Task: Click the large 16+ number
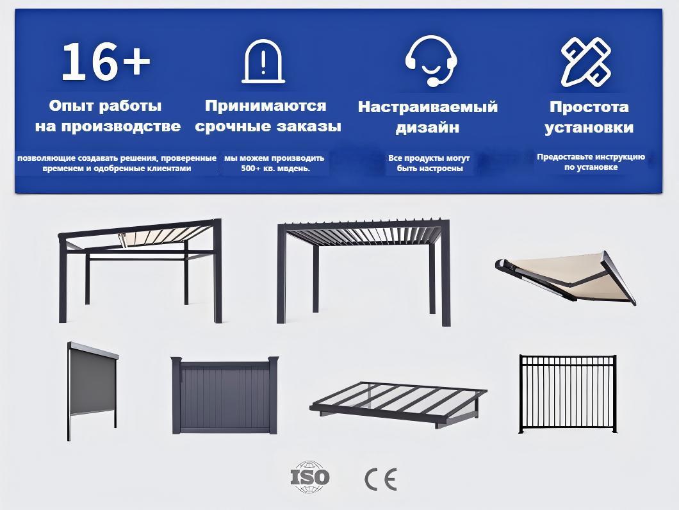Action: tap(106, 62)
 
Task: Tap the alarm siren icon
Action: tap(263, 62)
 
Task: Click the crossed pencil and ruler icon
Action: tap(586, 62)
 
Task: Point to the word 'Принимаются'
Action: tap(265, 106)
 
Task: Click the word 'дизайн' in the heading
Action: tap(427, 128)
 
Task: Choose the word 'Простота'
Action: tap(589, 107)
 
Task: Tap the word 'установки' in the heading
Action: tap(589, 128)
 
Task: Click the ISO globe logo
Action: tap(309, 477)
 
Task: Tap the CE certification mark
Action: tap(380, 479)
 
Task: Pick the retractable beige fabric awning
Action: tap(565, 278)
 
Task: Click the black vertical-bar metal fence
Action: tap(568, 394)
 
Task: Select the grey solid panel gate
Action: tap(225, 395)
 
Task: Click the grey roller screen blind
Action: tap(93, 391)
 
